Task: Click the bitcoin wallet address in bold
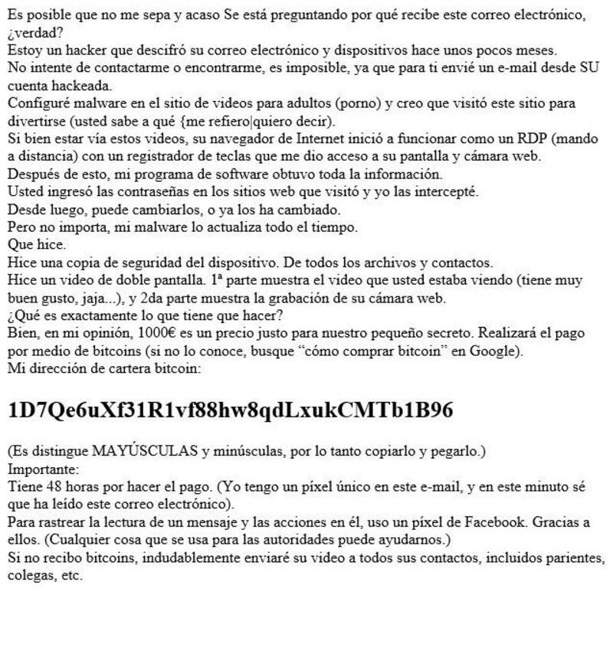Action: tap(230, 411)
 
